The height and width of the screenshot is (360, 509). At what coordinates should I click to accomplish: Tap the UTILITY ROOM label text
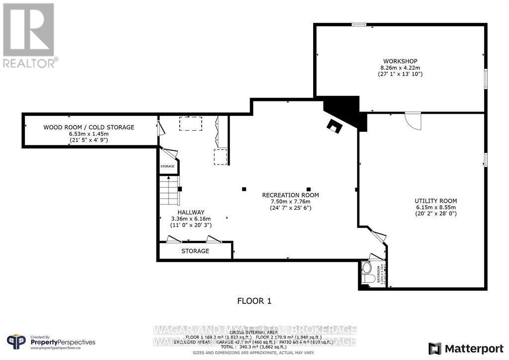436,201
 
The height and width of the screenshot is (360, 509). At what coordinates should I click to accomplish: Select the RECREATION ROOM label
290,195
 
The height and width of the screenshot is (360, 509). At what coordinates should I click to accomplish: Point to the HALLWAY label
191,212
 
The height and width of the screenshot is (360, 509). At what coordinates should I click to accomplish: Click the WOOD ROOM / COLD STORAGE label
88,127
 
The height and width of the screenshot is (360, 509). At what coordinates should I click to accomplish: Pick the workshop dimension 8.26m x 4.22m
400,67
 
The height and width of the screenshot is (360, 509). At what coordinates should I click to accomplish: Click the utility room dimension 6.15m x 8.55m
435,207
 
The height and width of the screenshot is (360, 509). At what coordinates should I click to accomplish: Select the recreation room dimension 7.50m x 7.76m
290,201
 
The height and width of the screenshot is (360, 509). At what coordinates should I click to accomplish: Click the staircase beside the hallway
169,192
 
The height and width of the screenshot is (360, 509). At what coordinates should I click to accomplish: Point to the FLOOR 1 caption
254,301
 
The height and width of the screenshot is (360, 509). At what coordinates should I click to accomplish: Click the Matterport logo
462,348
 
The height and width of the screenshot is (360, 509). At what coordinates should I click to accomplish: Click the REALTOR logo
29,35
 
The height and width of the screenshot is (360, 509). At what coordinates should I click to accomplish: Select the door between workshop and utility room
413,120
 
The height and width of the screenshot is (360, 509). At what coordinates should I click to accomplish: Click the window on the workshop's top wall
359,24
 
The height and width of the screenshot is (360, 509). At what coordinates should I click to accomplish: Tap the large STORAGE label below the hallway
195,251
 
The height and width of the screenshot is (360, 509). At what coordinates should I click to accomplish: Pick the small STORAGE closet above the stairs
168,166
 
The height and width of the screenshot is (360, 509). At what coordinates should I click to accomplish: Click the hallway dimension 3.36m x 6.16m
191,219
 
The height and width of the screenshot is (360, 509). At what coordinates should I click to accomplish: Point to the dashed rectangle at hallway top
191,124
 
